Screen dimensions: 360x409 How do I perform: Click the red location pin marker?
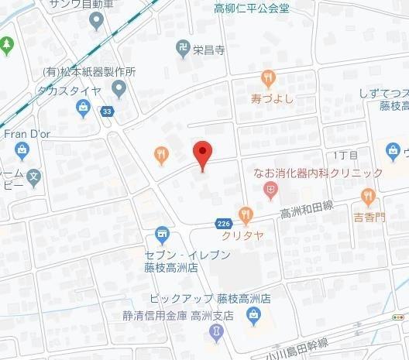coord(202,156)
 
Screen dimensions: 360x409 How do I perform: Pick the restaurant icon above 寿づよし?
coord(268,77)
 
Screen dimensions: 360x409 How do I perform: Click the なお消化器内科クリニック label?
coord(318,173)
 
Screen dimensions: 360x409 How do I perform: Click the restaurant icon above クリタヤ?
coord(246,212)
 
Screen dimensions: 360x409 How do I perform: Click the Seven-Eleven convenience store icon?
coord(162,231)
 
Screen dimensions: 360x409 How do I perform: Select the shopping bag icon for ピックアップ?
coord(253,314)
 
